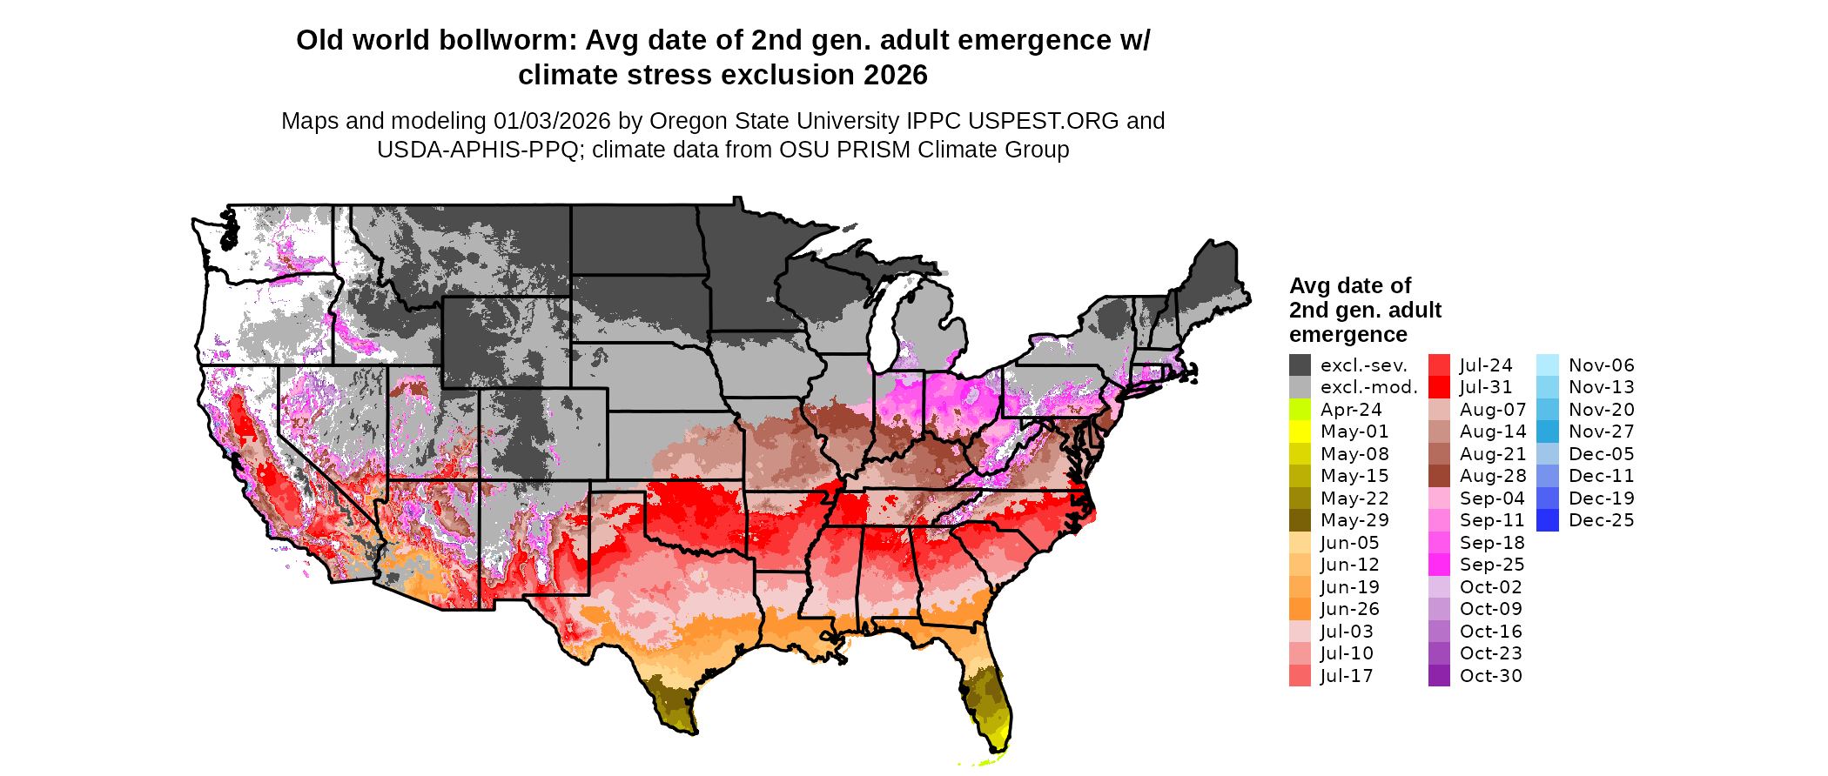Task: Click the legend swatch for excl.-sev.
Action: click(x=1300, y=365)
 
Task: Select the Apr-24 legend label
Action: click(x=1351, y=410)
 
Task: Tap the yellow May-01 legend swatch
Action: click(x=1300, y=431)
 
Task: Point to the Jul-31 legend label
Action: click(x=1486, y=387)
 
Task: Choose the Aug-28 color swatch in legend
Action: click(x=1439, y=476)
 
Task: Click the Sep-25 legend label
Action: click(x=1492, y=565)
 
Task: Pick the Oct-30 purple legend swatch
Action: click(x=1439, y=676)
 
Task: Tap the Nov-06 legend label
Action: click(x=1602, y=365)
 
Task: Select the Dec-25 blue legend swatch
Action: click(x=1548, y=520)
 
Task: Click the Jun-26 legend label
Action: click(x=1350, y=609)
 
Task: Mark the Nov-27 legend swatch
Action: click(x=1548, y=431)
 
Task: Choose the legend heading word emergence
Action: click(x=1347, y=335)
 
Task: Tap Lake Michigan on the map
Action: click(x=885, y=322)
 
